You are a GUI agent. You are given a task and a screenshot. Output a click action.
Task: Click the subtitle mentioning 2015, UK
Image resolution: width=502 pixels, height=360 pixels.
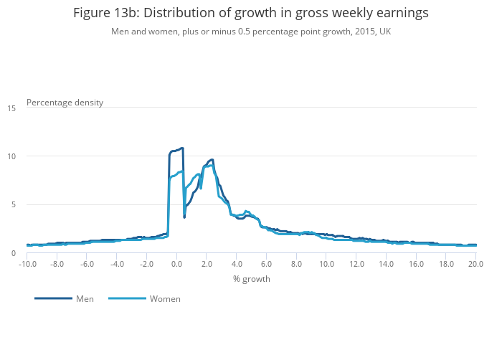tap(250, 32)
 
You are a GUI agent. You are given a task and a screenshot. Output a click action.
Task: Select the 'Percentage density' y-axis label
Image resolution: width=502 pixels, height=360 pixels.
tap(65, 102)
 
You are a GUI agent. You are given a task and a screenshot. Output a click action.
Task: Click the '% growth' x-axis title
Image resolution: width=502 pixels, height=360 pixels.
tap(251, 278)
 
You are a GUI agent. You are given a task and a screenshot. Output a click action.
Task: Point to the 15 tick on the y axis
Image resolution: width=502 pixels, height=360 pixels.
tap(12, 108)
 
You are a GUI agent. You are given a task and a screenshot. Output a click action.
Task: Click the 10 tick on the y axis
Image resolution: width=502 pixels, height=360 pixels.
tap(12, 156)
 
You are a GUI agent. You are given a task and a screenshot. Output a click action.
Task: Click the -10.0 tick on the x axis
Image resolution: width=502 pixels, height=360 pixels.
tap(27, 264)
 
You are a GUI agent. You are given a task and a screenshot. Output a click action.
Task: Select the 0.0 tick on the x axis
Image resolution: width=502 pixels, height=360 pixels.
tap(176, 264)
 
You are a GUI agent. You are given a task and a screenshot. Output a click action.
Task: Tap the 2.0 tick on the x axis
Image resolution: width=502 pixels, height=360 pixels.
tap(207, 264)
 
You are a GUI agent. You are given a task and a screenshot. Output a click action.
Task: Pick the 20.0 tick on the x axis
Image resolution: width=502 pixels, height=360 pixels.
tap(475, 264)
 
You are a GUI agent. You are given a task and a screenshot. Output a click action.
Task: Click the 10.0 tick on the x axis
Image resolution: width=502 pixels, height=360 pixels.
tap(326, 264)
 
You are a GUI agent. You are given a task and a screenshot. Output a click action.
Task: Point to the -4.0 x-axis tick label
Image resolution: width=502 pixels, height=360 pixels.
tap(116, 264)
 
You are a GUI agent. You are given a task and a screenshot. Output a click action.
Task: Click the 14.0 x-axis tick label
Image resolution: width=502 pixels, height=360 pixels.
tap(386, 264)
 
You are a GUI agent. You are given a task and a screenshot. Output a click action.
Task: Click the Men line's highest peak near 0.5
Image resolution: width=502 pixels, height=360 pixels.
tap(182, 148)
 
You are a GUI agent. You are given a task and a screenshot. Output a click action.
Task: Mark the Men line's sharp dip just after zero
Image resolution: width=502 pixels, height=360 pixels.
tap(184, 217)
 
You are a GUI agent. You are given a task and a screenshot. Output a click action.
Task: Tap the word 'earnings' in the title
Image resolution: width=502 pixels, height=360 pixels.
tap(402, 13)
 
